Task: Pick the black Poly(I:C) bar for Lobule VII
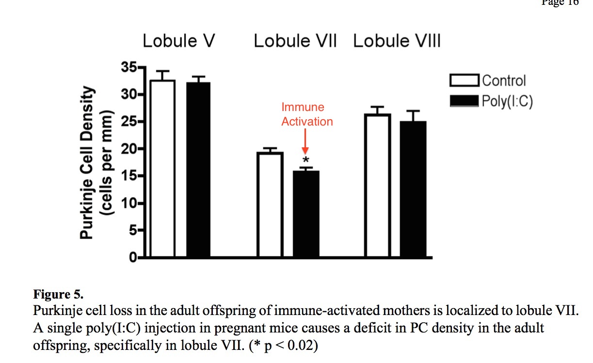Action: [x=306, y=214]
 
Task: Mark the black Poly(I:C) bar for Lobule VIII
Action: [x=413, y=189]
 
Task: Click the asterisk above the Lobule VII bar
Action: [x=305, y=160]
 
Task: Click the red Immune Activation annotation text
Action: [x=307, y=114]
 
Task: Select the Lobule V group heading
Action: [x=178, y=42]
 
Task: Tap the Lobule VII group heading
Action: [x=295, y=42]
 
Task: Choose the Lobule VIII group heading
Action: [x=397, y=42]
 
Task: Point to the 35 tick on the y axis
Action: [x=128, y=67]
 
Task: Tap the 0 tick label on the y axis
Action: [x=132, y=258]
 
